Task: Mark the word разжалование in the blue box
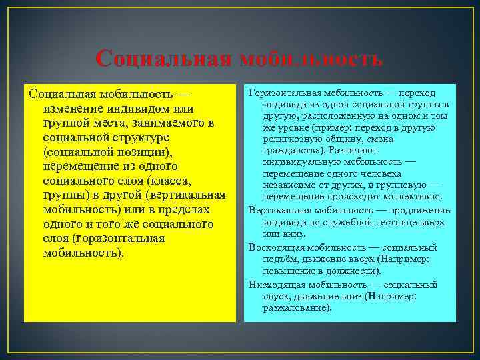[x=296, y=308]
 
